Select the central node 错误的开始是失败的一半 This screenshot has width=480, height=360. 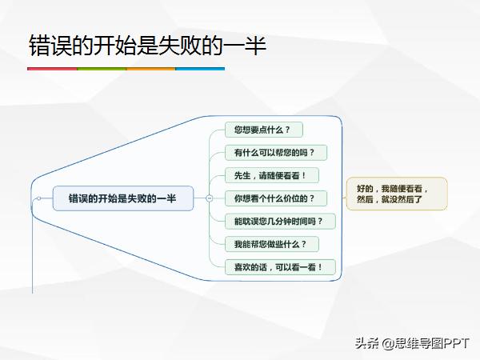click(x=123, y=198)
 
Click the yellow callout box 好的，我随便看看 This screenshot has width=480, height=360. click(x=397, y=193)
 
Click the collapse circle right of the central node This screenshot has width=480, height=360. click(x=209, y=198)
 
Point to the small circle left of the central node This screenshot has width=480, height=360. click(x=37, y=198)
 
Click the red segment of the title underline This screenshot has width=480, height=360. click(x=52, y=69)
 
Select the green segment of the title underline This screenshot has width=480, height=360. click(x=102, y=69)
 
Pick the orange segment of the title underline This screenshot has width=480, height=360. click(x=150, y=69)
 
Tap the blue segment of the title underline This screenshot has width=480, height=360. click(x=200, y=69)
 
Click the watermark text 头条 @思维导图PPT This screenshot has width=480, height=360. click(x=413, y=343)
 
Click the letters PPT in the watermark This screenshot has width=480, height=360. click(x=458, y=343)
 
